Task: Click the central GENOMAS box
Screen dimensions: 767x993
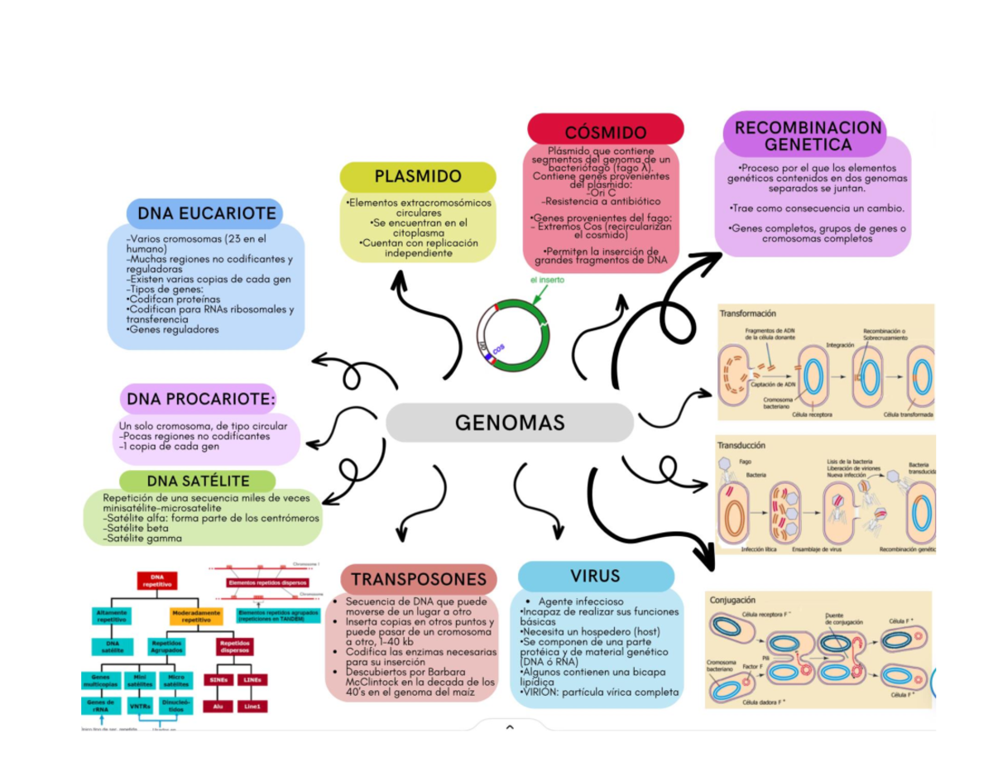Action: tap(509, 423)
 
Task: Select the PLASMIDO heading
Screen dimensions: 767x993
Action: tap(418, 176)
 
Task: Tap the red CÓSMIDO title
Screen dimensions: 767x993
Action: tap(606, 132)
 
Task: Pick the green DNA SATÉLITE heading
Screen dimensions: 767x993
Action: tap(198, 481)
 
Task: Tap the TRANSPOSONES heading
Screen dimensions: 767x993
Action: tap(419, 579)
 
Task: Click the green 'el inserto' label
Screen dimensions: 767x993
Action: tap(548, 280)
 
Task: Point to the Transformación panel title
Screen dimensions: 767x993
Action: tap(748, 314)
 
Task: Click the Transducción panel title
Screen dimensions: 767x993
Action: tap(742, 445)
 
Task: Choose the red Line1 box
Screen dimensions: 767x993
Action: tap(252, 707)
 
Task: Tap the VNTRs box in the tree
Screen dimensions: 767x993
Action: tap(140, 707)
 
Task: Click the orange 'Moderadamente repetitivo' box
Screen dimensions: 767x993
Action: tap(195, 616)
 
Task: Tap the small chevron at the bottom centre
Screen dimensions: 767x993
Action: tap(509, 728)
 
